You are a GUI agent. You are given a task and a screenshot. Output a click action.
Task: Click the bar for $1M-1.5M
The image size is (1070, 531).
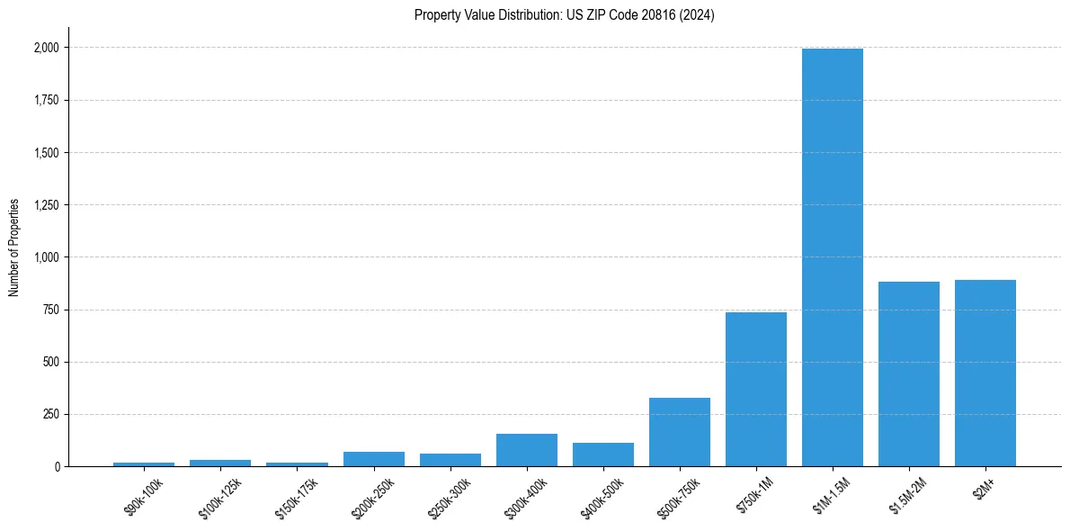833,257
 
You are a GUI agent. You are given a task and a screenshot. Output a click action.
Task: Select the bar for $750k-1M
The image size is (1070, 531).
756,389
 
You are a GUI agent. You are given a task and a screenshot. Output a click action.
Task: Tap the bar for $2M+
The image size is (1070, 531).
985,373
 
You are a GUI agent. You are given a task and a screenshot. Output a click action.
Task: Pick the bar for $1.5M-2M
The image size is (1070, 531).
909,373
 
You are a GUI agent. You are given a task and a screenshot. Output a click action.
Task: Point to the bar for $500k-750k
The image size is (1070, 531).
680,432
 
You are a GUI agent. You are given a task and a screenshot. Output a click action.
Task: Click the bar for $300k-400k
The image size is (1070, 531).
527,450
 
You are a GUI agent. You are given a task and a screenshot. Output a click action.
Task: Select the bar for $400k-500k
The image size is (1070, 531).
603,454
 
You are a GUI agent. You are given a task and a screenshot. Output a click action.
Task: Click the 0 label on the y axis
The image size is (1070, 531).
58,467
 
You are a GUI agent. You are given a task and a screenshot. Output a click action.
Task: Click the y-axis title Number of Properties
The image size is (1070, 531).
14,247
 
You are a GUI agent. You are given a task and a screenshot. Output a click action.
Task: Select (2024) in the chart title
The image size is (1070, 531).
697,15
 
